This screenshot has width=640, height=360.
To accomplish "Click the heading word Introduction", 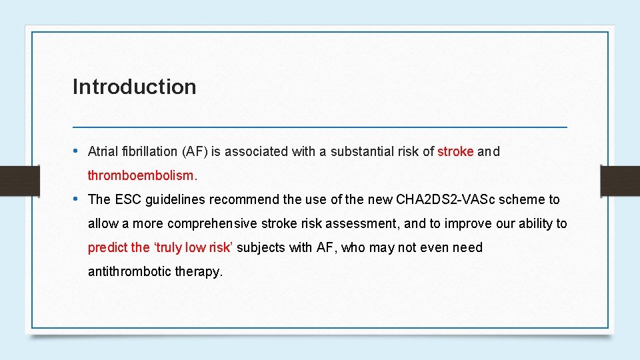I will [x=134, y=87].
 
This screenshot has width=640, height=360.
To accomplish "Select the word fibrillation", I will [x=151, y=151].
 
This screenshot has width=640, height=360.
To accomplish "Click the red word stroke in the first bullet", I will [x=455, y=151].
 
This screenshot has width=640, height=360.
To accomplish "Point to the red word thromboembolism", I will [x=143, y=175].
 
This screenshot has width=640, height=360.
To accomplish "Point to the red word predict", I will [x=108, y=247].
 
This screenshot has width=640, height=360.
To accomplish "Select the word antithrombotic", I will [x=129, y=271].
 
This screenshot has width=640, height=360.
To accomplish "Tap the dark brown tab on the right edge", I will [x=620, y=180].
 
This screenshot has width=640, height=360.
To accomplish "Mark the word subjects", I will [x=260, y=247].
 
